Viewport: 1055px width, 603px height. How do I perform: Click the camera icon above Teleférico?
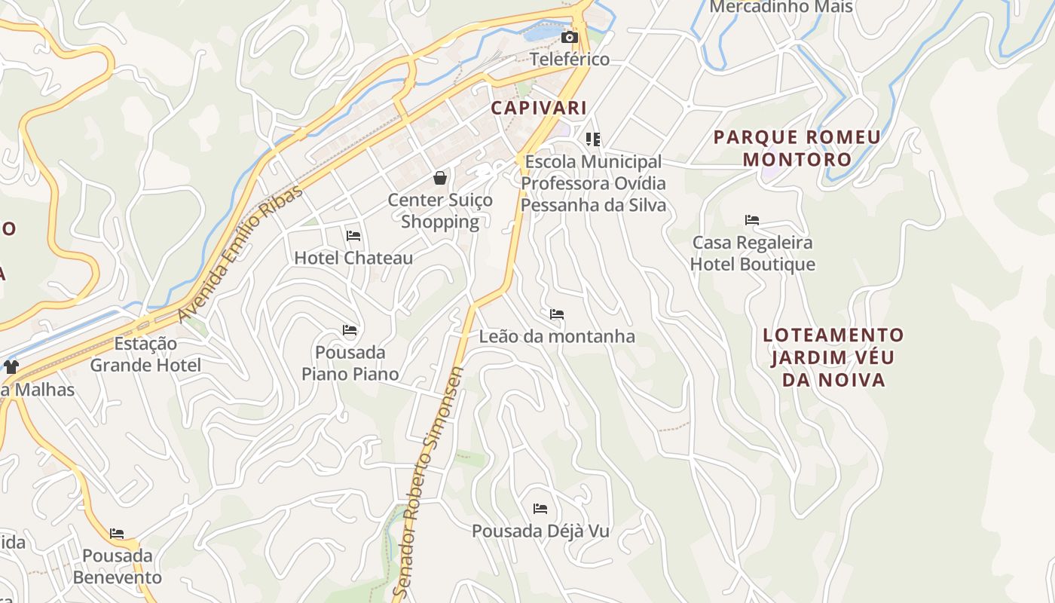[569, 37]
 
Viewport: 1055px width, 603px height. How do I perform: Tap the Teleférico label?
[570, 59]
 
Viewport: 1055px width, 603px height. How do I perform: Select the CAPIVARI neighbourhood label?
[539, 108]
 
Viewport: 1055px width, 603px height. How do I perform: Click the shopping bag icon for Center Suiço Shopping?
[440, 178]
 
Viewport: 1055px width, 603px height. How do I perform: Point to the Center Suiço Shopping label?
[440, 211]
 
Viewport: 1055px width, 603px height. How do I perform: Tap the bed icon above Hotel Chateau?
[353, 236]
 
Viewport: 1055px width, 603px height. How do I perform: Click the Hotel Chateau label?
[353, 258]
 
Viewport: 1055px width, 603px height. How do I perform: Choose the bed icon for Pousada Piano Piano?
[350, 330]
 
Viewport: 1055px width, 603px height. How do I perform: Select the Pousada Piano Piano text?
[350, 363]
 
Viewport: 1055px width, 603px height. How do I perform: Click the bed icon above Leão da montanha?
[557, 314]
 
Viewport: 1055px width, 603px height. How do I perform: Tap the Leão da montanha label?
[557, 336]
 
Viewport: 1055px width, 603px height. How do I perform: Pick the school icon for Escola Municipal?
[593, 139]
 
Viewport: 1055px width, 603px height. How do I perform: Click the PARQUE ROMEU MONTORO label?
[797, 148]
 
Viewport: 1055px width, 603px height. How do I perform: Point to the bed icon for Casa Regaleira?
[752, 220]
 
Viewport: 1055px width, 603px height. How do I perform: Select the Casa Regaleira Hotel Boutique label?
[753, 253]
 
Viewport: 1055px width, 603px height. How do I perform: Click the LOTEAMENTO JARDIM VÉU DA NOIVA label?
[833, 357]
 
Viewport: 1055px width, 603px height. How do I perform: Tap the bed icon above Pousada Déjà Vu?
[540, 509]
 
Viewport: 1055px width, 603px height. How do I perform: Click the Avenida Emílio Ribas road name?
[241, 253]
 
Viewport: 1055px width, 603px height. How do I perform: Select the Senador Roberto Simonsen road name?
[428, 482]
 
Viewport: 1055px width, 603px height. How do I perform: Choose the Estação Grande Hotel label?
[145, 354]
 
